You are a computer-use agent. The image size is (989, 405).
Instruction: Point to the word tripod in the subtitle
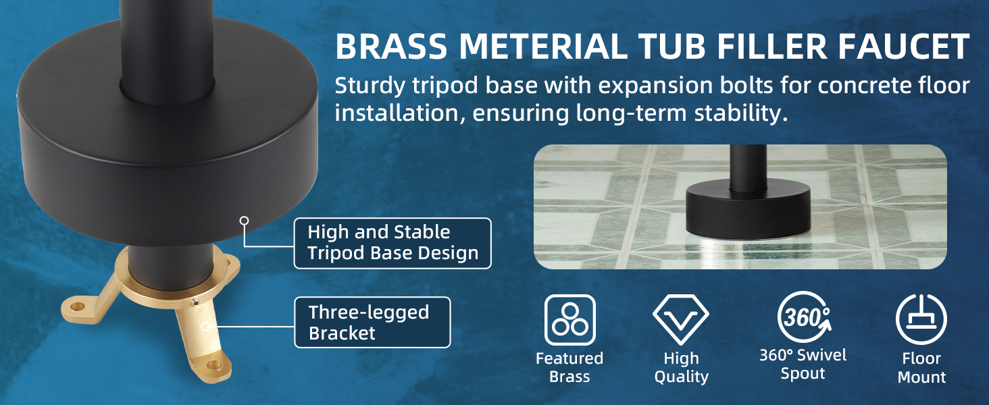[x=445, y=86]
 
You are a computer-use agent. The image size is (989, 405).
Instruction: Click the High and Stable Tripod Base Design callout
[x=392, y=243]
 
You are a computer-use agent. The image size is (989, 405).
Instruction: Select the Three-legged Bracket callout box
[x=372, y=323]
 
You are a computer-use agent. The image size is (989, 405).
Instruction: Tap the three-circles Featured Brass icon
[x=569, y=320]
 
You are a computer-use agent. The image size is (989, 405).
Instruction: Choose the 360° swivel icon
[x=804, y=317]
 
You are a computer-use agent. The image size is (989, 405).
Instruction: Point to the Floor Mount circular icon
[x=921, y=319]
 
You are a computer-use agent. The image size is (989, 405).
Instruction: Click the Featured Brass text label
[x=569, y=367]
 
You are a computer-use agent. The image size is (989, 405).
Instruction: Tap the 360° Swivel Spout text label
[x=803, y=364]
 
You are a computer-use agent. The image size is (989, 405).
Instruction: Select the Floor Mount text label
[x=921, y=367]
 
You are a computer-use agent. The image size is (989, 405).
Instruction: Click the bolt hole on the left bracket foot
[x=77, y=306]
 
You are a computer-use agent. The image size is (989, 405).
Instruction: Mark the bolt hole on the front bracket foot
[x=215, y=365]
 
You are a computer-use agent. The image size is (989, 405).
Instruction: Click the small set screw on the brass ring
[x=194, y=302]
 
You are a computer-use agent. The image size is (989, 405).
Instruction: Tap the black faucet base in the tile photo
[x=748, y=207]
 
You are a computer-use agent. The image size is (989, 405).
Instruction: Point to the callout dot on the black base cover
[x=244, y=220]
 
